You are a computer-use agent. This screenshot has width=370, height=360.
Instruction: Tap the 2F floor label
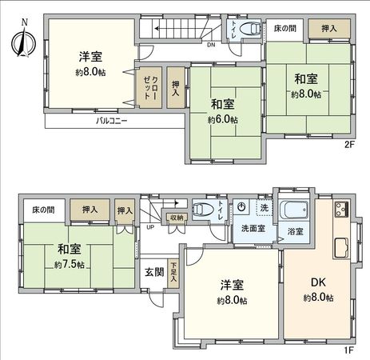coord(348,145)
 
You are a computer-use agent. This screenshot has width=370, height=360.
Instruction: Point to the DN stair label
coord(210,45)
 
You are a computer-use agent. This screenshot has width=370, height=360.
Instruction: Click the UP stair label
coord(149,226)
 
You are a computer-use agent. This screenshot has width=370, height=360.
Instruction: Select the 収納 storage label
coord(176,217)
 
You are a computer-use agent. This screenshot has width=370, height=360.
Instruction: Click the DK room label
coord(317,281)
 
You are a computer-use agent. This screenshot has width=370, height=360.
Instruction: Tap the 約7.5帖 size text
coord(70,265)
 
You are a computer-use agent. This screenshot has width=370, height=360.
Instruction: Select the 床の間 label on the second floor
coord(284,29)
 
